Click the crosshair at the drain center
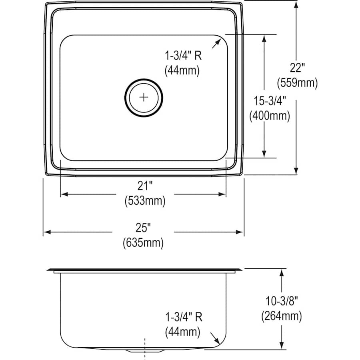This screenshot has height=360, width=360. point(144,97)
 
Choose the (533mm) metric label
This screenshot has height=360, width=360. point(144,201)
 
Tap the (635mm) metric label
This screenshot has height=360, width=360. point(143,242)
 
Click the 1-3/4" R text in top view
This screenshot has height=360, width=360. point(183,55)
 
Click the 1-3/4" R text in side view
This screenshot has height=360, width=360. point(183,317)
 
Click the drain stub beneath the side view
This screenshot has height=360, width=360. point(144,350)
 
